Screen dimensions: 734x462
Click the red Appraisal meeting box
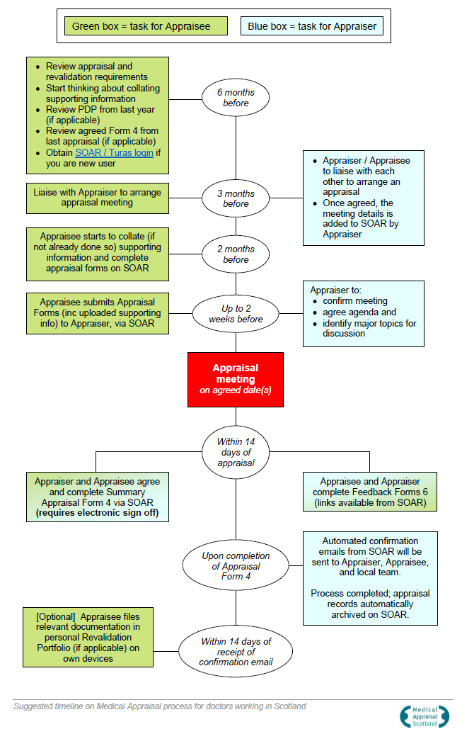pyautogui.click(x=235, y=379)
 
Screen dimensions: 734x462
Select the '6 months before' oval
pyautogui.click(x=236, y=98)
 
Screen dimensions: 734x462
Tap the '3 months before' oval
pyautogui.click(x=236, y=198)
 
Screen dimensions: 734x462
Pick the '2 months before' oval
pyautogui.click(x=236, y=254)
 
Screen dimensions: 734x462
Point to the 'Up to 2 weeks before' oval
pyautogui.click(x=236, y=314)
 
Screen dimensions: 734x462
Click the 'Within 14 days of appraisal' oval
pyautogui.click(x=236, y=452)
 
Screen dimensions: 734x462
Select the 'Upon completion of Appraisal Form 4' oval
pyautogui.click(x=236, y=566)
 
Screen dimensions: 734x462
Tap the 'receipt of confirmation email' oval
pyautogui.click(x=236, y=652)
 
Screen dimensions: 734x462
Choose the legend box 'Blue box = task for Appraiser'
pyautogui.click(x=311, y=27)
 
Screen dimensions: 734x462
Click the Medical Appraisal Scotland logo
pyautogui.click(x=425, y=716)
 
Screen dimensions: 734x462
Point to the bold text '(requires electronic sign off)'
pyautogui.click(x=97, y=513)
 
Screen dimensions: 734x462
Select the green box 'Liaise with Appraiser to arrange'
pyautogui.click(x=98, y=198)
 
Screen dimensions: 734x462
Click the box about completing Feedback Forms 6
pyautogui.click(x=369, y=492)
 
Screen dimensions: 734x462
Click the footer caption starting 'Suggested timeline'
pyautogui.click(x=160, y=706)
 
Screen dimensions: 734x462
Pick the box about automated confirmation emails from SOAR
pyautogui.click(x=369, y=578)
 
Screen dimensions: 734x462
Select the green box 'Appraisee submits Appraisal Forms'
pyautogui.click(x=98, y=313)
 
